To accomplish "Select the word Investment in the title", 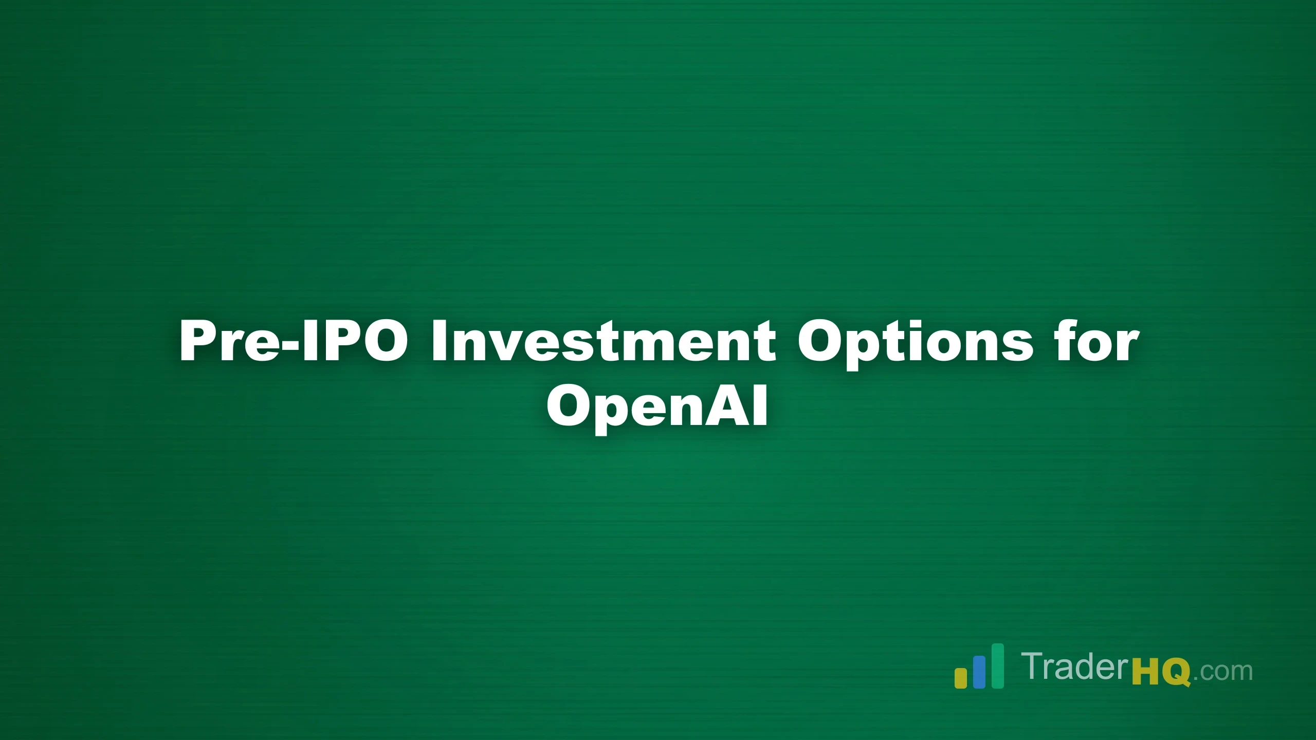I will click(x=604, y=341).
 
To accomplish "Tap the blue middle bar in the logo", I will click(x=979, y=672).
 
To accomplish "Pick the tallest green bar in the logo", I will click(x=998, y=665).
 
